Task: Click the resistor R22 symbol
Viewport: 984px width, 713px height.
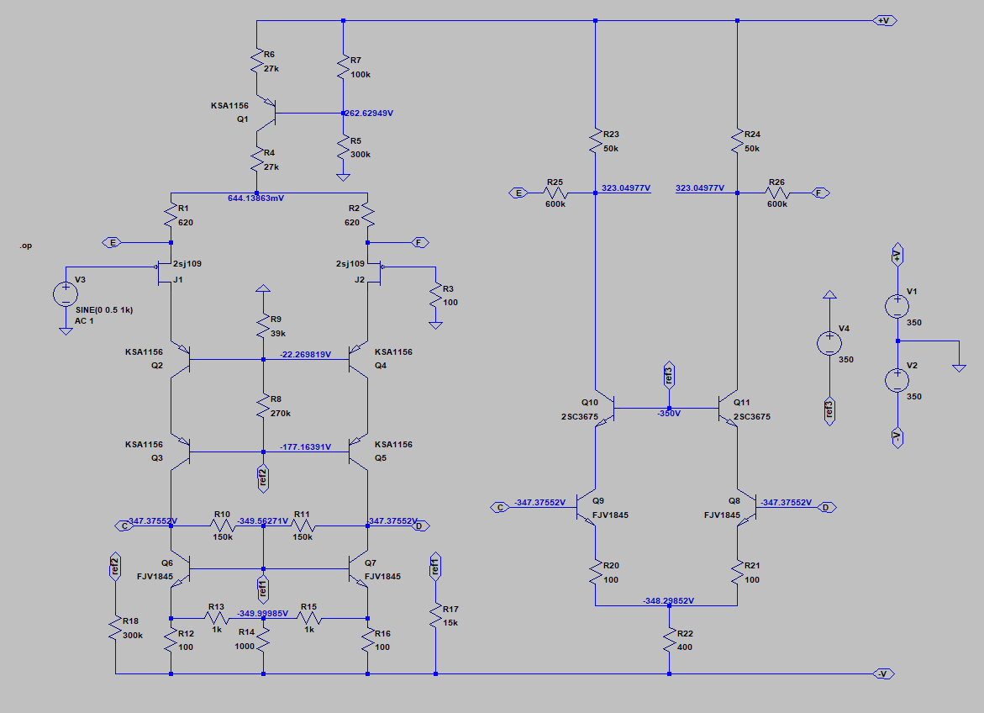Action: (669, 641)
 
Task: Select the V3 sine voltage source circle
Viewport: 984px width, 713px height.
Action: (66, 294)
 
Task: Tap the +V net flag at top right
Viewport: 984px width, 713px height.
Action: (885, 21)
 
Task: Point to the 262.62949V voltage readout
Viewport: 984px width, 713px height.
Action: (369, 113)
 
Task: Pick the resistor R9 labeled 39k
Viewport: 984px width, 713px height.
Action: (263, 325)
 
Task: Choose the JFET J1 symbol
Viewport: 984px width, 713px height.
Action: (165, 272)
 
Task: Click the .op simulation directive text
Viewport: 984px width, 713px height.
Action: (25, 246)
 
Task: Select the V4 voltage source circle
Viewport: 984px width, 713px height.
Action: (829, 343)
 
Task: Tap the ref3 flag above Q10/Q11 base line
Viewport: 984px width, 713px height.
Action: (669, 375)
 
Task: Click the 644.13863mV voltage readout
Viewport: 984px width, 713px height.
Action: (256, 198)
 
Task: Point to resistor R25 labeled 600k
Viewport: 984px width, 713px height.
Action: (555, 193)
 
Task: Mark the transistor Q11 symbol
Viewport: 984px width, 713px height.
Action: (728, 409)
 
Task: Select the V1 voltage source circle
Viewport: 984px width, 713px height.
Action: (897, 306)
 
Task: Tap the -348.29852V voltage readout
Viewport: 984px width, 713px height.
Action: (669, 601)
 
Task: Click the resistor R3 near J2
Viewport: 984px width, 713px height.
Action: (435, 296)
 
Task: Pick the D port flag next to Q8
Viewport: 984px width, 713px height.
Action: (826, 507)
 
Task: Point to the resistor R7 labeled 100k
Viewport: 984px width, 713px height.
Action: (343, 67)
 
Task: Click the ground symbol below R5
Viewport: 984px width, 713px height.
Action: (343, 177)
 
